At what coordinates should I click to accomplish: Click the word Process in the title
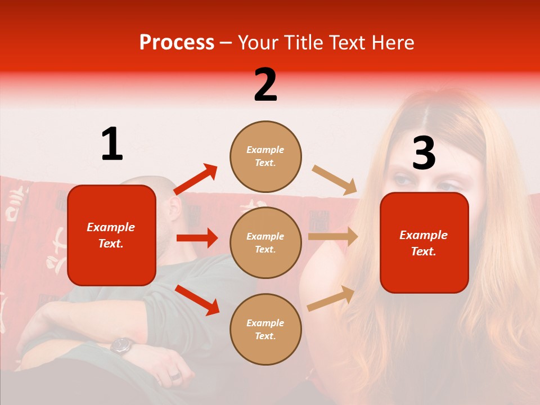[x=177, y=43]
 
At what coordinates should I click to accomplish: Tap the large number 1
[x=112, y=144]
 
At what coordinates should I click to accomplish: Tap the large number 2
[x=265, y=85]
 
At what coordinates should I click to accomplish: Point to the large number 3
[x=424, y=154]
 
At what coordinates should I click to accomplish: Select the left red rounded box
[x=111, y=235]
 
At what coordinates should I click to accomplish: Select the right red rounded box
[x=424, y=243]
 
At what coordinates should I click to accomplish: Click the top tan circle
[x=265, y=156]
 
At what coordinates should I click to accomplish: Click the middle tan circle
[x=265, y=242]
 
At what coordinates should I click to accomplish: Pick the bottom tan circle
[x=265, y=329]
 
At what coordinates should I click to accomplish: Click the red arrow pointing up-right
[x=196, y=179]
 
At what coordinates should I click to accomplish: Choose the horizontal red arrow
[x=197, y=238]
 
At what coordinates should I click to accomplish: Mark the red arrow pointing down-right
[x=197, y=300]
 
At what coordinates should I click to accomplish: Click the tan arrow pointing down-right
[x=335, y=180]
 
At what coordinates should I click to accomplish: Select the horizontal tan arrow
[x=332, y=237]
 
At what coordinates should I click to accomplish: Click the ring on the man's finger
[x=175, y=375]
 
